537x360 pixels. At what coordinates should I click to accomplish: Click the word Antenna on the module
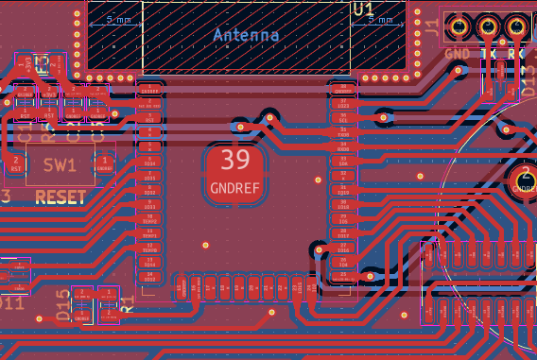[246, 35]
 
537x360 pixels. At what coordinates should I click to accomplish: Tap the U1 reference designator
[362, 9]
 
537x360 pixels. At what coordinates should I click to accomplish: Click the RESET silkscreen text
[61, 197]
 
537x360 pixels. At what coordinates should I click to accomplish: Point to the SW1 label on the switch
[60, 165]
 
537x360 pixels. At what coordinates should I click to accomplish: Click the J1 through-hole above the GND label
[459, 27]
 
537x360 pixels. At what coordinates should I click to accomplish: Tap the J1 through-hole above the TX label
[489, 27]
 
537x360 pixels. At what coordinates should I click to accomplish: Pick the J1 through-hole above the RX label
[518, 27]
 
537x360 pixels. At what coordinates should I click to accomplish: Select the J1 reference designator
[431, 31]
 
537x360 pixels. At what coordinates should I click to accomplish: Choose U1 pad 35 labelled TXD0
[343, 133]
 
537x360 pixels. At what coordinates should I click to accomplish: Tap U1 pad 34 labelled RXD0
[343, 147]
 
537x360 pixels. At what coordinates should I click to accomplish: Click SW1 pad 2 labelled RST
[16, 163]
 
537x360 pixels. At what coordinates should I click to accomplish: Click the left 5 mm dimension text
[119, 19]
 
